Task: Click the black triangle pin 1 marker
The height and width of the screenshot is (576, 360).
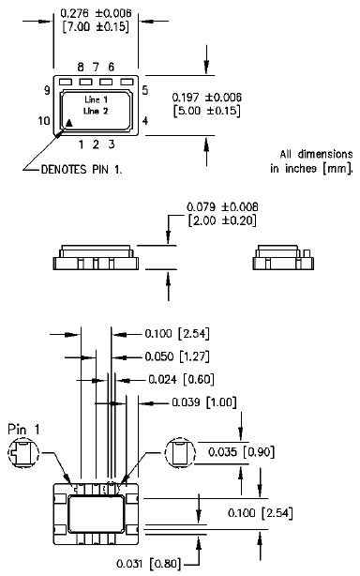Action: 69,122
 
